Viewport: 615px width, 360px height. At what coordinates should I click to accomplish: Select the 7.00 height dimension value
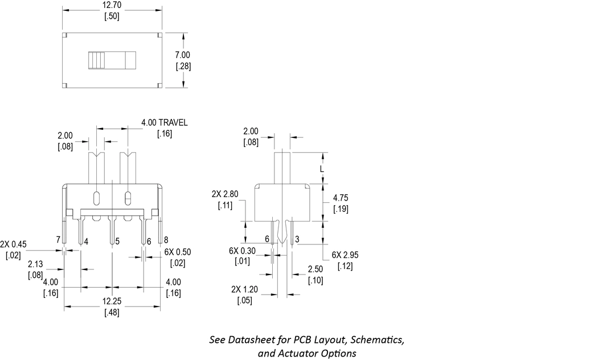pos(183,55)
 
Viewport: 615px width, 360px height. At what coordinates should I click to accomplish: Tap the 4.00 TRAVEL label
pos(164,122)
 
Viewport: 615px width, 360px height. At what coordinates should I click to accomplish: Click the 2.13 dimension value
pos(35,264)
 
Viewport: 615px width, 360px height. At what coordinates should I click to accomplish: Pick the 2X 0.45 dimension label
pos(14,244)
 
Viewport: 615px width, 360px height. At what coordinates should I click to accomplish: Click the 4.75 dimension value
pos(341,198)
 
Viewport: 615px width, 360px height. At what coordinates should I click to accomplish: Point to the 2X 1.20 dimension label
pos(245,289)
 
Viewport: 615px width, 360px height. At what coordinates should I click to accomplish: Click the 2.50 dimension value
pos(315,269)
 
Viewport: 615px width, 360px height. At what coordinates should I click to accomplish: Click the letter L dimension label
pos(322,169)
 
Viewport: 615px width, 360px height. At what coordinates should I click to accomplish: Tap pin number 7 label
pos(58,240)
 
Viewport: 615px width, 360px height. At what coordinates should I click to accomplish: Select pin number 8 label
pos(166,240)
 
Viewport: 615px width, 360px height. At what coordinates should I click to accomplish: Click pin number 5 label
pos(117,242)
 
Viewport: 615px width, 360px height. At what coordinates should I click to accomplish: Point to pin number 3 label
pos(298,239)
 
